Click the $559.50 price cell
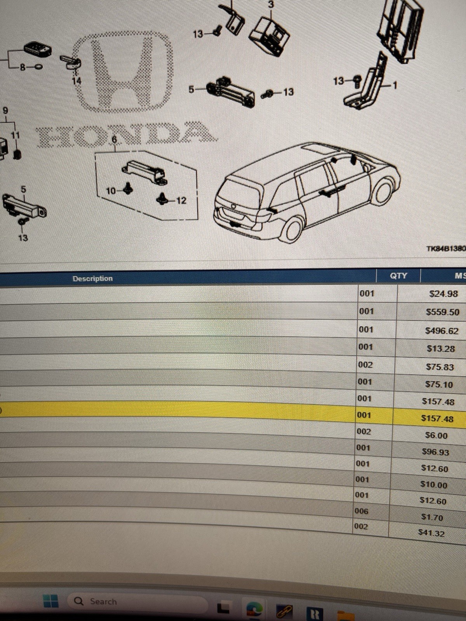(442, 312)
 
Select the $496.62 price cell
(442, 330)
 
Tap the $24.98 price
(443, 294)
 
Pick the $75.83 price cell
(440, 367)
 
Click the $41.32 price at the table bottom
(431, 533)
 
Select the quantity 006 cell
(361, 511)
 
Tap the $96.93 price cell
(435, 452)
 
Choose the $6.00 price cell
(436, 435)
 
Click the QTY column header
(398, 276)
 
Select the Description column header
(92, 278)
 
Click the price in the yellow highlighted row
(437, 418)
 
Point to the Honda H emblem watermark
(122, 73)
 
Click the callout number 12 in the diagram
(181, 201)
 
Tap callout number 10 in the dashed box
(111, 191)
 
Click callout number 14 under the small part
(77, 81)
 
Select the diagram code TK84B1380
(446, 249)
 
